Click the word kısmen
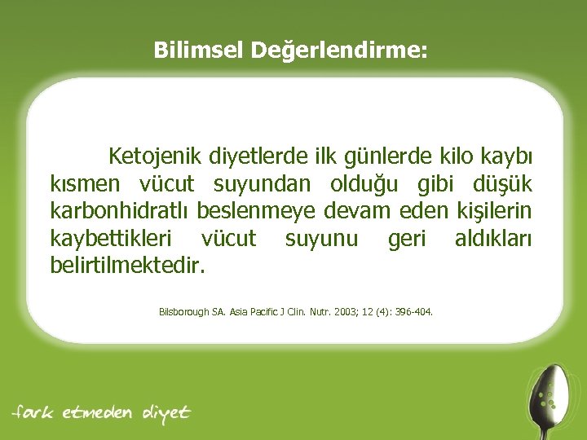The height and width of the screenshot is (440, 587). point(81,183)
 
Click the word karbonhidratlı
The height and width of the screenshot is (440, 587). point(119,211)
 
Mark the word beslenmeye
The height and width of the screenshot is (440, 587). point(254,211)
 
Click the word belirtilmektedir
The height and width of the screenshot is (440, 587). point(128,266)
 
